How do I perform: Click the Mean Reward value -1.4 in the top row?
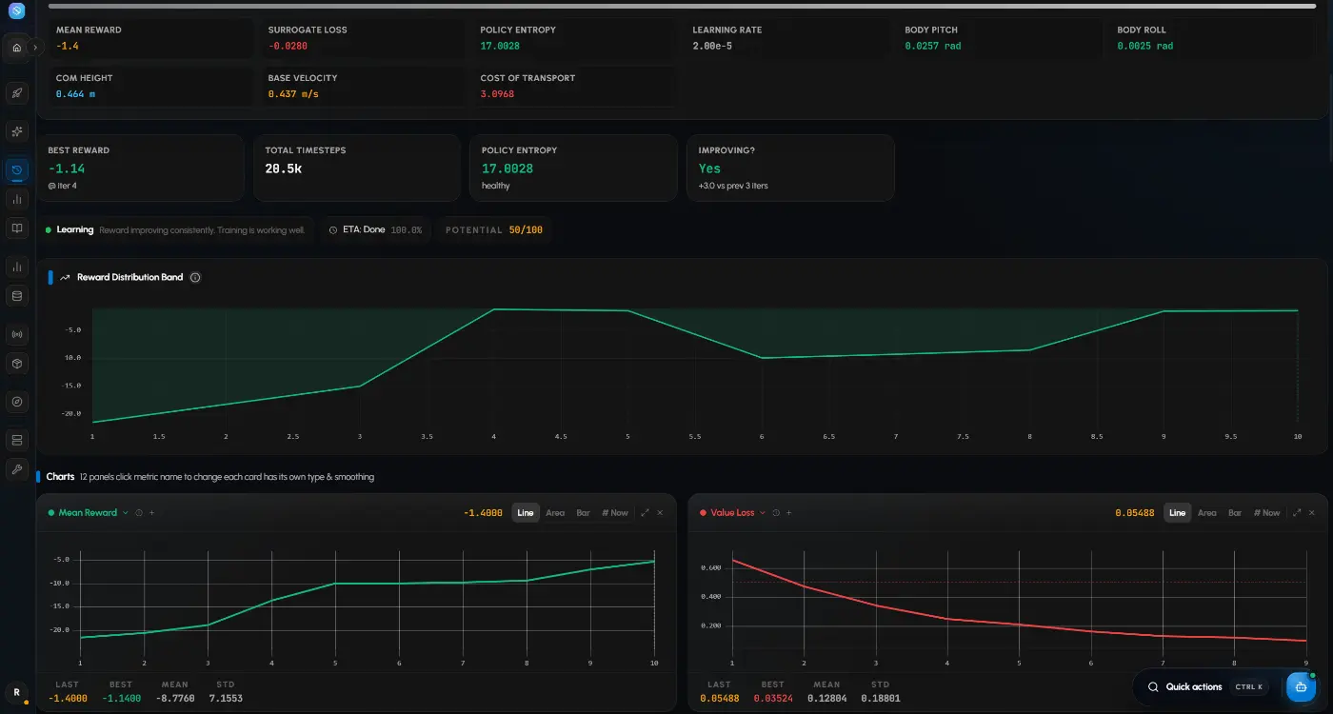click(68, 46)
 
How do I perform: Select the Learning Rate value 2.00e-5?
click(712, 46)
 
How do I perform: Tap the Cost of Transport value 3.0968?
click(497, 94)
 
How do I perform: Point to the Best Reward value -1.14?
click(67, 169)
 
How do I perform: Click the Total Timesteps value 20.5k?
click(284, 169)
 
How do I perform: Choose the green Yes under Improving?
click(709, 169)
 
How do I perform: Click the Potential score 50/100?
click(526, 229)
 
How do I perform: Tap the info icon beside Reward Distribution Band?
click(195, 277)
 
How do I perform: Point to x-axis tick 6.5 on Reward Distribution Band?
click(828, 437)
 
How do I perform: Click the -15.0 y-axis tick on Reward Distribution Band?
click(71, 386)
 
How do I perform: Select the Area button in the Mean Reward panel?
click(555, 513)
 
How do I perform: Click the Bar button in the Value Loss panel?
click(1235, 513)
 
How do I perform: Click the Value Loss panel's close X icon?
click(1312, 513)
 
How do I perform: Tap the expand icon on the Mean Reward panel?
click(645, 513)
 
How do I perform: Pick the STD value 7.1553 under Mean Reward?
click(226, 699)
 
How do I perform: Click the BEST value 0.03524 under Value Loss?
click(773, 699)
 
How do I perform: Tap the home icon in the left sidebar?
click(17, 48)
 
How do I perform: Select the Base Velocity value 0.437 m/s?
click(293, 94)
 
